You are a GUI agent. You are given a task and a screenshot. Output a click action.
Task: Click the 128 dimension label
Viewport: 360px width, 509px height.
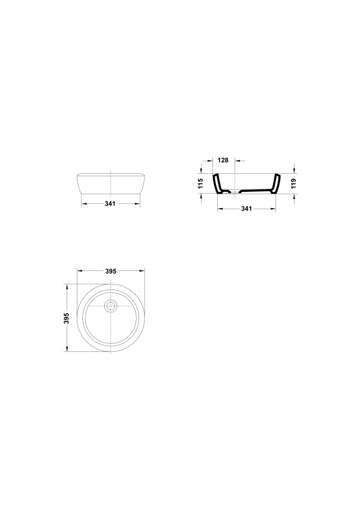pos(223,160)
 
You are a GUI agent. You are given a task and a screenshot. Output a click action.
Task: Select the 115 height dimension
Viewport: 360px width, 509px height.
pos(200,183)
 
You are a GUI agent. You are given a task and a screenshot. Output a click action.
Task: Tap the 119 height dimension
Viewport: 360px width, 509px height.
pos(295,183)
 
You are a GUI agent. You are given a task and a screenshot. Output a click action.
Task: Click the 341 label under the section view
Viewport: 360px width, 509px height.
pos(247,209)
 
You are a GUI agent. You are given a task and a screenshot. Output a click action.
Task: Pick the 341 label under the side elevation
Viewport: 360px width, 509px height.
pos(110,203)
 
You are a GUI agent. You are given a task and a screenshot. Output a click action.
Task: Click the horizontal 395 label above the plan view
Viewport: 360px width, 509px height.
pos(111,271)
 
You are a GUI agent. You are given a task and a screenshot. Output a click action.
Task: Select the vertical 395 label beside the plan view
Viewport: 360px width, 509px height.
pos(67,318)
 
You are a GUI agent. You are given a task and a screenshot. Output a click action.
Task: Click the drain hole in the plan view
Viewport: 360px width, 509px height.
pos(111,306)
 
